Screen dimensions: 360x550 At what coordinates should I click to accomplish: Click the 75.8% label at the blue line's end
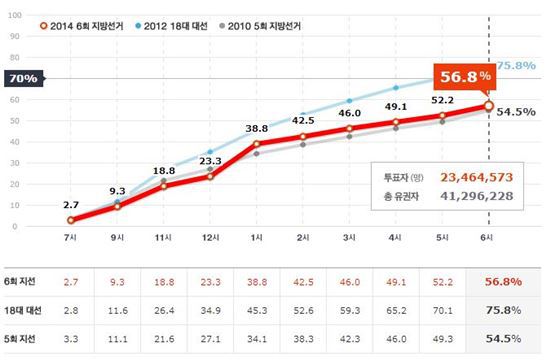point(513,66)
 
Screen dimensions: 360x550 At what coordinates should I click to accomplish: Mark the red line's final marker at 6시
point(488,106)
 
